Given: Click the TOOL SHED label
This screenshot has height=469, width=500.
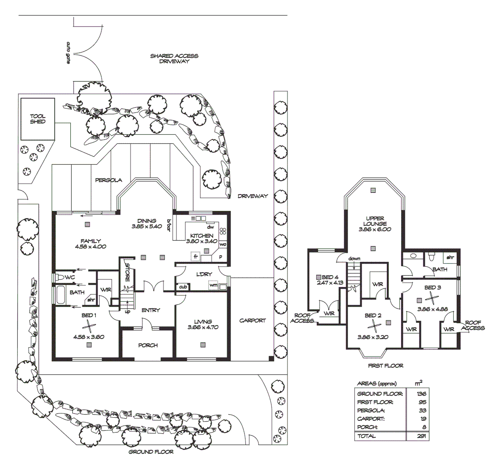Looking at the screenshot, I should tap(38, 119).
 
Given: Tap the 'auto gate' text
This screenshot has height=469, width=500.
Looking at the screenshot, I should tap(68, 53).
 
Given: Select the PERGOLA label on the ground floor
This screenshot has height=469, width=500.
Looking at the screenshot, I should tap(108, 180).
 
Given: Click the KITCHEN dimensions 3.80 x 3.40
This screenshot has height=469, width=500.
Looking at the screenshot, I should tap(202, 241).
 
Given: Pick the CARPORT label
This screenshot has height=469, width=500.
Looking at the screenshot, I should tap(252, 320).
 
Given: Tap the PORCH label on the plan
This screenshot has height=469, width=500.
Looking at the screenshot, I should tap(148, 345).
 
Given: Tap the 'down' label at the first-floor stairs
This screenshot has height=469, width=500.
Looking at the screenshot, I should tap(354, 259).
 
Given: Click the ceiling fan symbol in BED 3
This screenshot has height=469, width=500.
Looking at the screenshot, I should tap(431, 297).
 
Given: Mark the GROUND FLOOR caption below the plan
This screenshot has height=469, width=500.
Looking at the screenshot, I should tap(151, 452).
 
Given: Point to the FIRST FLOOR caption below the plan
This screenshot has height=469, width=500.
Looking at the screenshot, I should tap(385, 366).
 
